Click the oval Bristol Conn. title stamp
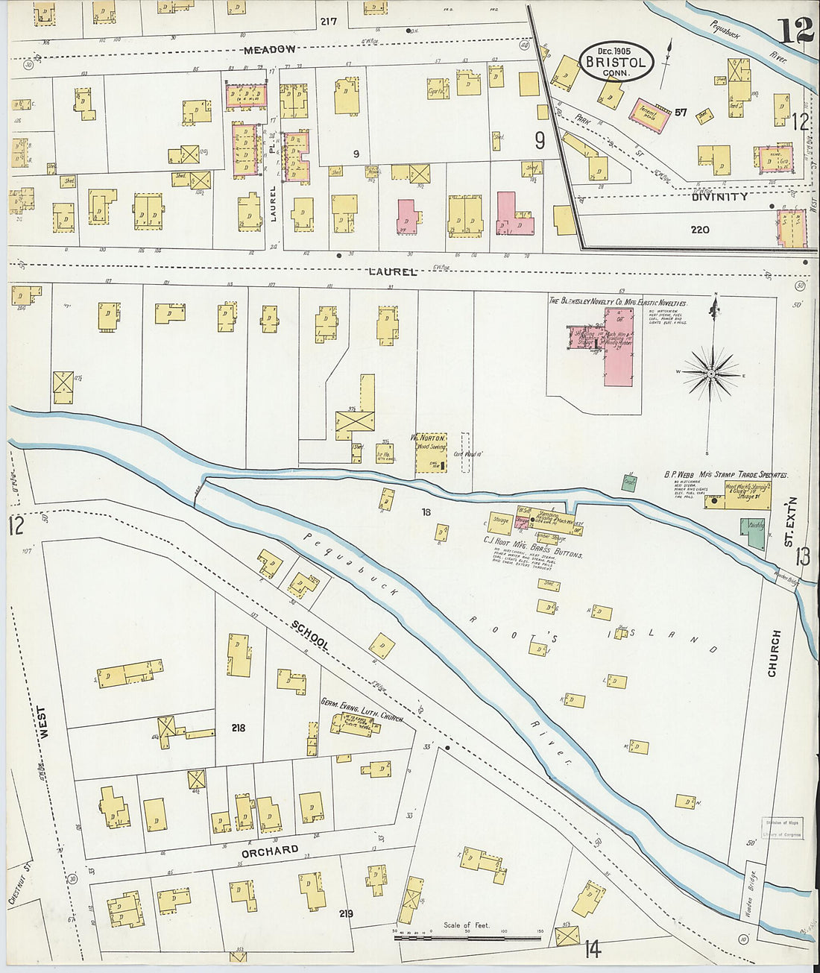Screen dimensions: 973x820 point(616,62)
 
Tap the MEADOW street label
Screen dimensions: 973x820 point(270,49)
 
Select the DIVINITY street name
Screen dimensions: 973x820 point(719,197)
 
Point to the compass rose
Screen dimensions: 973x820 point(712,372)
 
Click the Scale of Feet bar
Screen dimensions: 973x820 point(467,935)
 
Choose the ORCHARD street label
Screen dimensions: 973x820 point(270,851)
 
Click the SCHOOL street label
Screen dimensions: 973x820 point(310,635)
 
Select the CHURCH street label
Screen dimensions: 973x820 point(775,654)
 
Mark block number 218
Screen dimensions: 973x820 point(238,728)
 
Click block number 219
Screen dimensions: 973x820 point(345,913)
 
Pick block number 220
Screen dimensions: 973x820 point(699,230)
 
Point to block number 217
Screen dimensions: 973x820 point(329,21)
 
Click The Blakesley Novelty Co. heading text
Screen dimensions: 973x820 point(618,302)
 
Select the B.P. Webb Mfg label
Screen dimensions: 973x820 point(725,474)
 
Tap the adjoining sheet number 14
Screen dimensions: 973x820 point(593,949)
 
